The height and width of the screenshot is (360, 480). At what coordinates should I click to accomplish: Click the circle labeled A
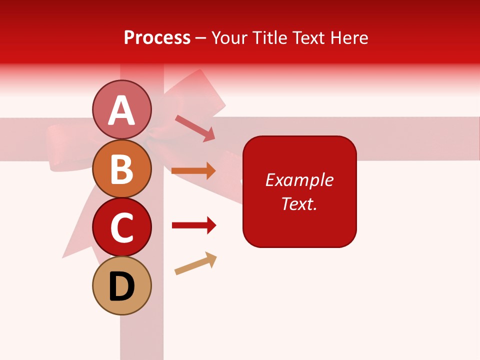121,109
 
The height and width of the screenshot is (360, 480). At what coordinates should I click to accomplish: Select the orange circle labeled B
121,168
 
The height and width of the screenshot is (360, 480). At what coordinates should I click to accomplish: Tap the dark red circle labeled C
121,227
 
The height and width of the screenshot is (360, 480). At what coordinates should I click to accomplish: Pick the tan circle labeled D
121,285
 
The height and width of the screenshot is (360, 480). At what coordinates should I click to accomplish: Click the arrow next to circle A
195,127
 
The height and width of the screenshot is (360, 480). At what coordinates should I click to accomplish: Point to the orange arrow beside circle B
193,171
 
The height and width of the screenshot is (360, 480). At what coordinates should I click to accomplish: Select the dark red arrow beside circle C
194,225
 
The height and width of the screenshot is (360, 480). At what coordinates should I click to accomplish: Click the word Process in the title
157,38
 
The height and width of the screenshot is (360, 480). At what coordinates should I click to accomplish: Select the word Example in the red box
299,180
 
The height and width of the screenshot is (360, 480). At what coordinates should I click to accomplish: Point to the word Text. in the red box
299,203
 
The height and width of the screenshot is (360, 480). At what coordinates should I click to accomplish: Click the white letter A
121,110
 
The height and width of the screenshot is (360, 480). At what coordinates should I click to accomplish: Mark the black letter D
121,286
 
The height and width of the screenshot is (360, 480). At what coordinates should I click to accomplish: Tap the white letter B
121,169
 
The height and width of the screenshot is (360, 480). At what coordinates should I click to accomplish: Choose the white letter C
121,227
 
